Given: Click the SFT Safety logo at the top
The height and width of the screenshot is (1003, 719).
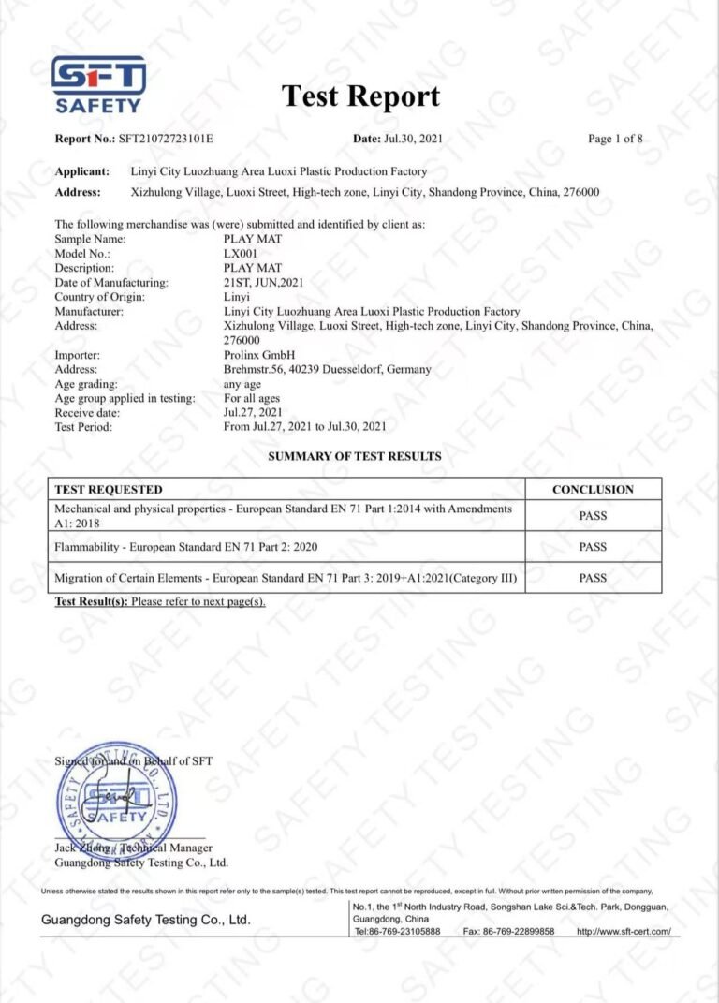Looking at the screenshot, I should coord(97,84).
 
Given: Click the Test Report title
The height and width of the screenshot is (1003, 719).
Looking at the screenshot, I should coord(360,96).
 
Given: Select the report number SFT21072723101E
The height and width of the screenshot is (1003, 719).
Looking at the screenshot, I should coord(166,139).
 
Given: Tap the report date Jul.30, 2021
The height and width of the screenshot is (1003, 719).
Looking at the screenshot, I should coord(412,139).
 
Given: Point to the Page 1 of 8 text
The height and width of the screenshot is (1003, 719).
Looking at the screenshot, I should coord(615,139).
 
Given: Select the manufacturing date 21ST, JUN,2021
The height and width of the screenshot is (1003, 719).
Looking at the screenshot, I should coord(264,282).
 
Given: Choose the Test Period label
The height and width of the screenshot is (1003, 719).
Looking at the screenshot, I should coord(83,427).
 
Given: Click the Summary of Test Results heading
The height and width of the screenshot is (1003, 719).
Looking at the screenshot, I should coord(355,456).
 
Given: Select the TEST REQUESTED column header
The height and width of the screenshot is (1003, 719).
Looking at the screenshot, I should coord(109,489).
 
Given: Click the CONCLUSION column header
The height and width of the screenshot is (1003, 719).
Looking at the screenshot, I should coord(593,489).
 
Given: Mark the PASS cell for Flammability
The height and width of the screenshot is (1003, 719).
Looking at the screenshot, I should coord(593,546).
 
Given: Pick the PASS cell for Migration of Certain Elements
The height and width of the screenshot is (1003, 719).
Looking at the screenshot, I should coord(593,578).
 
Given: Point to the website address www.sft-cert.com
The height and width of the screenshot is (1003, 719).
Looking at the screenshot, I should coord(624,932).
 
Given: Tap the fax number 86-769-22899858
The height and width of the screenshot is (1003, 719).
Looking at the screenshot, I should coord(508,932).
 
